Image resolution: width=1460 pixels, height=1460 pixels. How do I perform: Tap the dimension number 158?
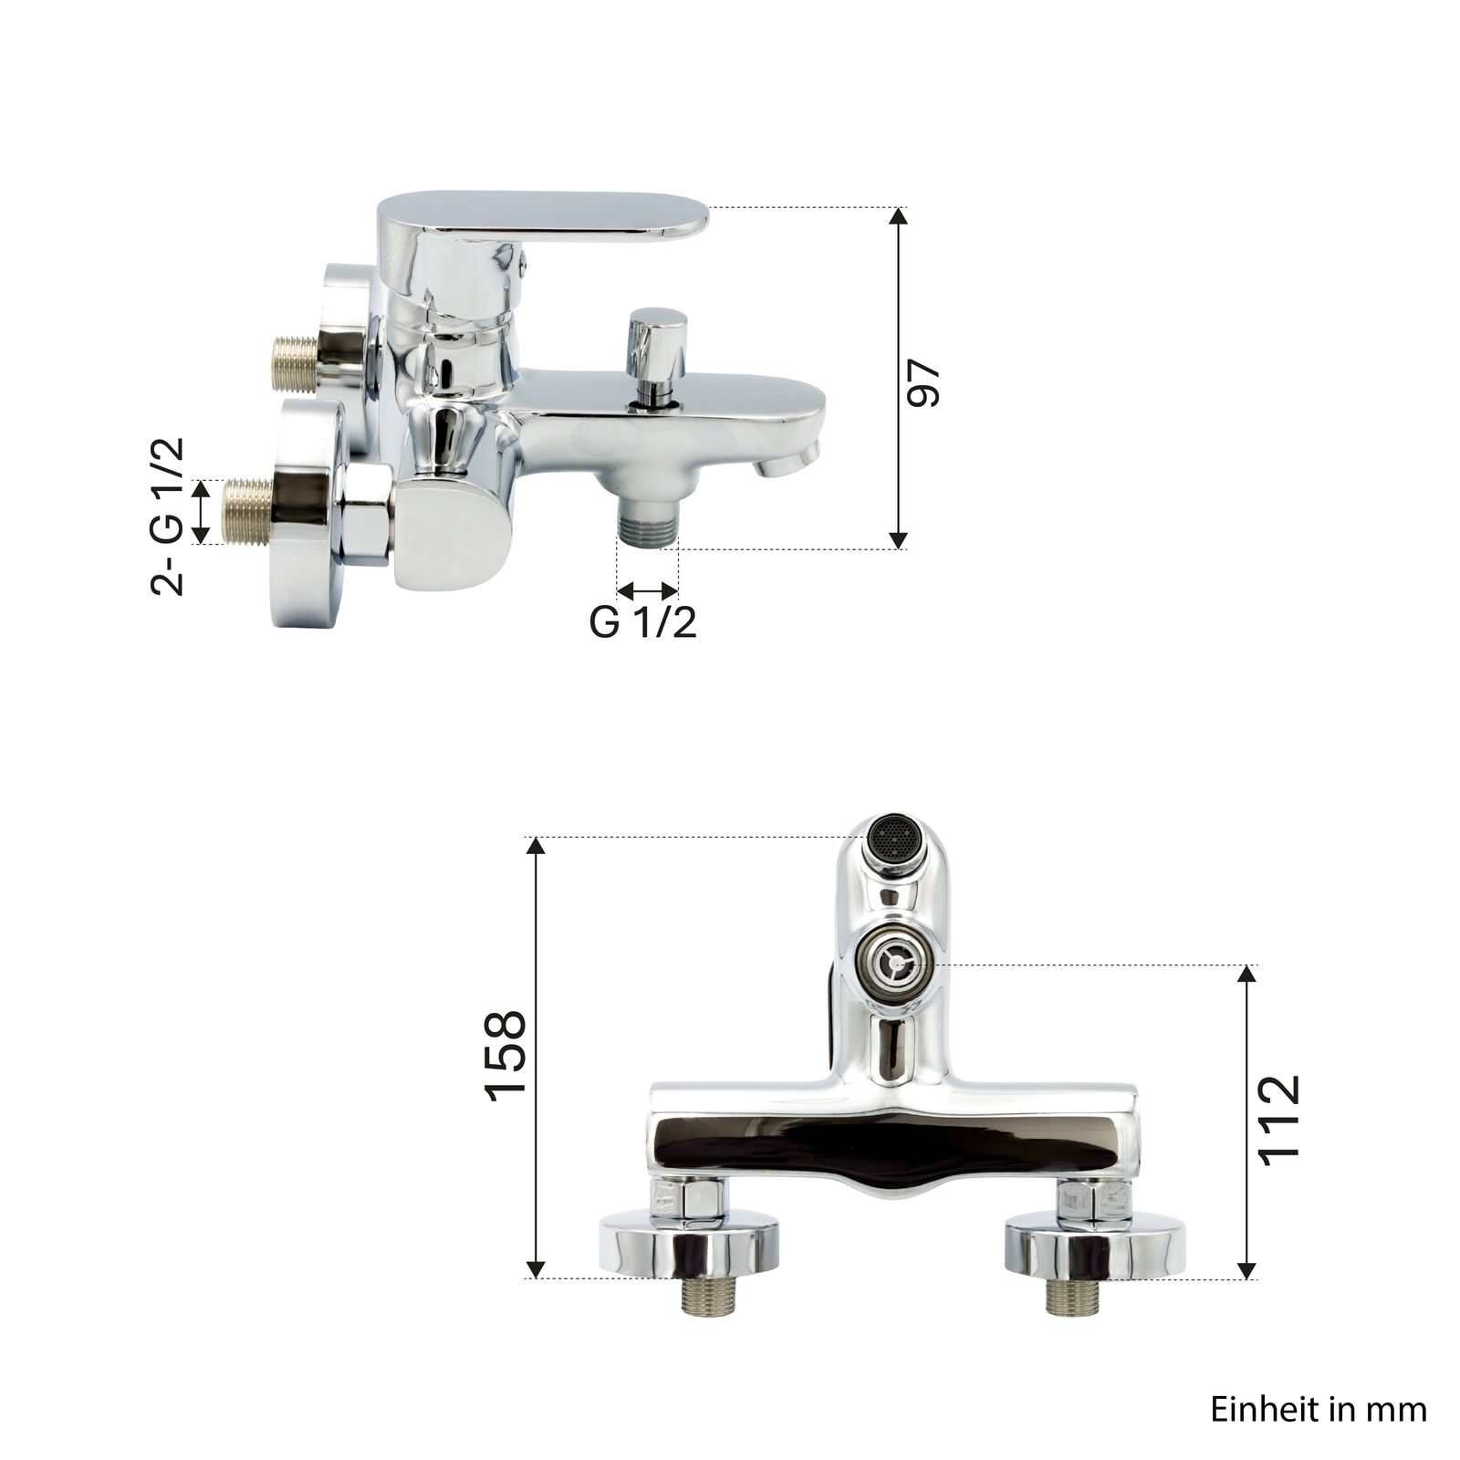[x=506, y=1055]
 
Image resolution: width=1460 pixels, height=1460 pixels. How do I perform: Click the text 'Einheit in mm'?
[x=1319, y=1410]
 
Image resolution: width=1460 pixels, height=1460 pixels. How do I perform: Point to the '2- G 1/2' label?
[x=168, y=516]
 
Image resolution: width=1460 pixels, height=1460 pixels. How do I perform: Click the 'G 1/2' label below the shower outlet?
[x=643, y=622]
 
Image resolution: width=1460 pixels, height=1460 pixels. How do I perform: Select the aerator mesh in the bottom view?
[x=894, y=836]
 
